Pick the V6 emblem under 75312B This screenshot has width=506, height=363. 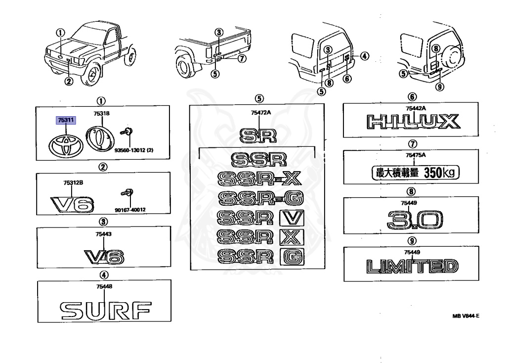pyautogui.click(x=73, y=204)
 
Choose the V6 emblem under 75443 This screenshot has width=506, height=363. pyautogui.click(x=104, y=256)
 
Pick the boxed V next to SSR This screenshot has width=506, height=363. pyautogui.click(x=292, y=218)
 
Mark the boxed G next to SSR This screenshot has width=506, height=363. pyautogui.click(x=292, y=256)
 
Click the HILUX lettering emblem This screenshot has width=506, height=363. pyautogui.click(x=412, y=121)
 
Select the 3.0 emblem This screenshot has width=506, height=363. pyautogui.click(x=414, y=221)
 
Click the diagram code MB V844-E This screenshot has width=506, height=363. pyautogui.click(x=465, y=317)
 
